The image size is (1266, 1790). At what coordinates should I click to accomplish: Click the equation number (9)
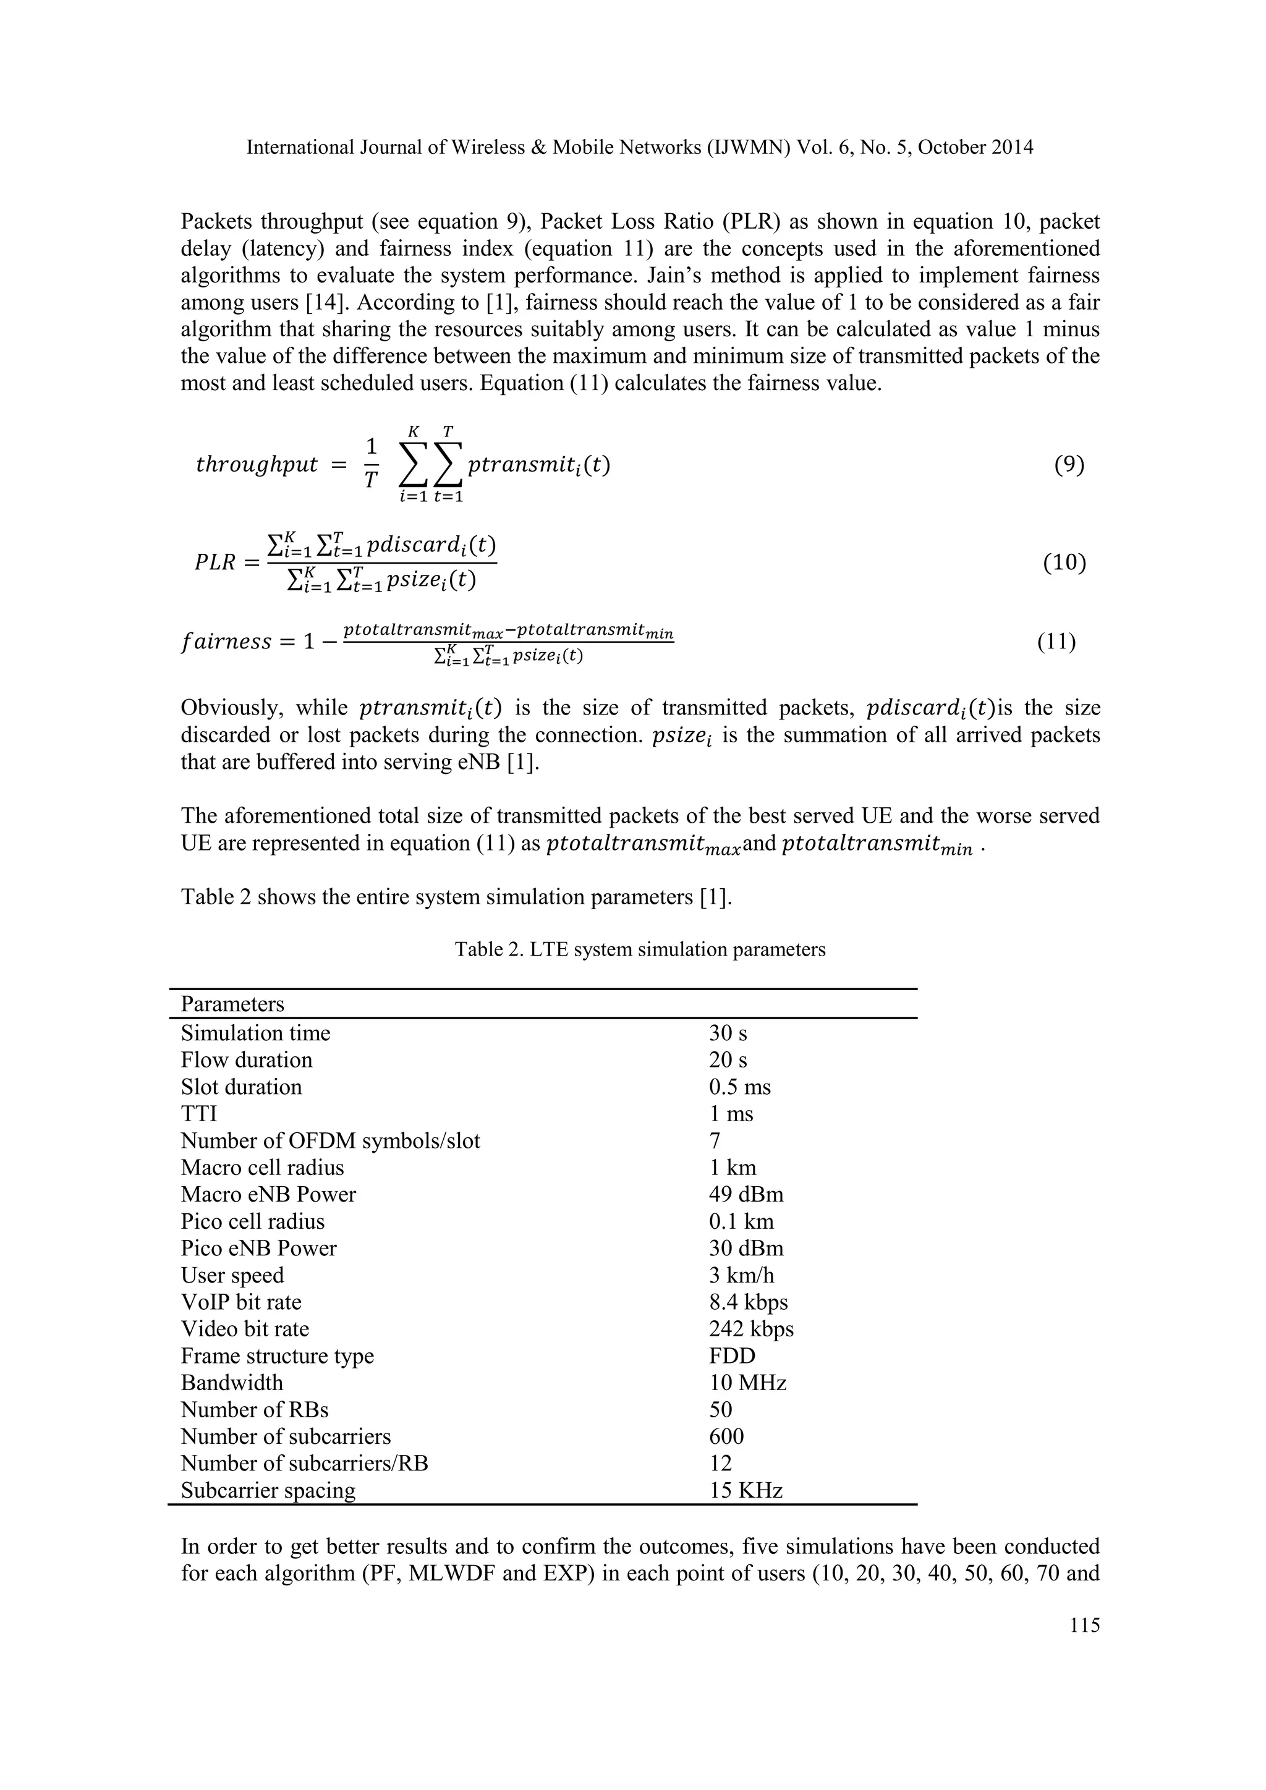pyautogui.click(x=1069, y=465)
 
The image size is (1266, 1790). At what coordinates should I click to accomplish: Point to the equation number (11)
pyautogui.click(x=1056, y=642)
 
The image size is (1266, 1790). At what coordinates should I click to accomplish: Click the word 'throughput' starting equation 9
pyautogui.click(x=257, y=465)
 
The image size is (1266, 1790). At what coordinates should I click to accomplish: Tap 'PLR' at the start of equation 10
pyautogui.click(x=215, y=562)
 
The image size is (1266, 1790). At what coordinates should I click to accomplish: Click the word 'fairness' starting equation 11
pyautogui.click(x=226, y=642)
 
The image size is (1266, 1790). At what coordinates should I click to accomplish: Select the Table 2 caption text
pyautogui.click(x=640, y=949)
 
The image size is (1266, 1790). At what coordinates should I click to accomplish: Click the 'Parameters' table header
pyautogui.click(x=232, y=1004)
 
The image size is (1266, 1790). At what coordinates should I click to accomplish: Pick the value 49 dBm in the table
pyautogui.click(x=746, y=1194)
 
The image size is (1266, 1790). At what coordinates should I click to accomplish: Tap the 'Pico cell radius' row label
pyautogui.click(x=253, y=1221)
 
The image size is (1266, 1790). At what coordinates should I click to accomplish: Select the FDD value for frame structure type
pyautogui.click(x=732, y=1355)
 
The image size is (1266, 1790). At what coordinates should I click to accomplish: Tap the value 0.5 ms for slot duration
pyautogui.click(x=739, y=1087)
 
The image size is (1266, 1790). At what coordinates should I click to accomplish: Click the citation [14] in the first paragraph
pyautogui.click(x=333, y=302)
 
